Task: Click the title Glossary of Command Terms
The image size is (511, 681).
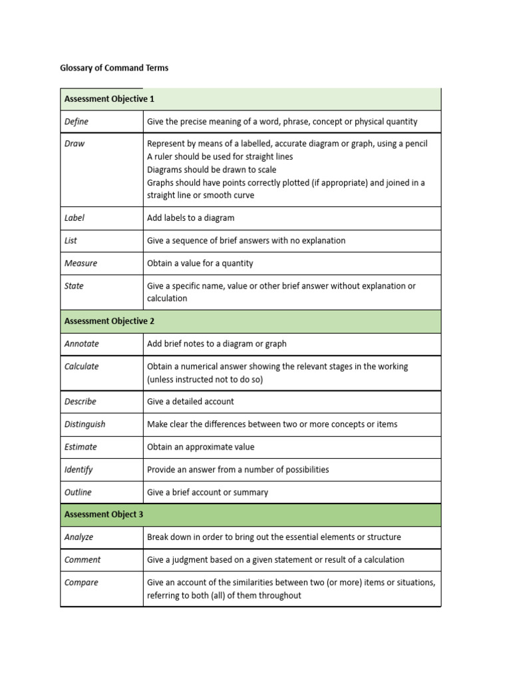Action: tap(114, 68)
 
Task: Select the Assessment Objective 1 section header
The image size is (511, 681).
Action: tap(109, 99)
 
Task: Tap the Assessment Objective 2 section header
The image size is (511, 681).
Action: tap(109, 321)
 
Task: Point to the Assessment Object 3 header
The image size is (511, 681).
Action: tap(103, 515)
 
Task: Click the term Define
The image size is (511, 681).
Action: tap(76, 122)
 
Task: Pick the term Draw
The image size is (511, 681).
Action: tap(75, 144)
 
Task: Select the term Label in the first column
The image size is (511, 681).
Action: tap(75, 218)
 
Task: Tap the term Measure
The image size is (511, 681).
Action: tap(81, 263)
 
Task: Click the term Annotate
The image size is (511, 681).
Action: tap(81, 344)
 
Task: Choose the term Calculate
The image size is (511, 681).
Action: tap(81, 366)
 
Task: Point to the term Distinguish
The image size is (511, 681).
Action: tap(85, 424)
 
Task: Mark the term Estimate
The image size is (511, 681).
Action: tap(81, 447)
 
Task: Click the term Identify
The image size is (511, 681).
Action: tap(79, 470)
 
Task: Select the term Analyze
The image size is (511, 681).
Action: tap(79, 537)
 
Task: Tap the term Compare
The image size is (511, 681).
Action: tap(81, 583)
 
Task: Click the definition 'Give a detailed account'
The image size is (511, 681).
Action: tap(190, 402)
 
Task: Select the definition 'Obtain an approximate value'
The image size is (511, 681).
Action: tap(200, 447)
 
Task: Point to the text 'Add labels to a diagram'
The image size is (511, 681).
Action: tap(190, 218)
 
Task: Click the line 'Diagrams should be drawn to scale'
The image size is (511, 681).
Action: tap(212, 170)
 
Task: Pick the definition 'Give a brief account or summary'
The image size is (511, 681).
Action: tap(208, 492)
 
